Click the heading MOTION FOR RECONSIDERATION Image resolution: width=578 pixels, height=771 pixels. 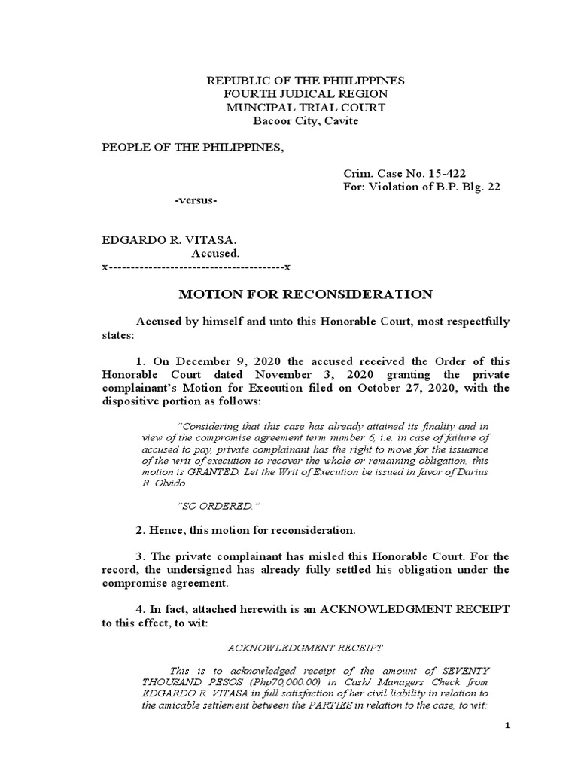point(304,294)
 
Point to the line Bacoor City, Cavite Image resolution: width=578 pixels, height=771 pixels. point(306,120)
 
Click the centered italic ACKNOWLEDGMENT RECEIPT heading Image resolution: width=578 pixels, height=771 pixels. point(305,647)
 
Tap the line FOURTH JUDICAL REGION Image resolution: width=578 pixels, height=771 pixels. point(306,93)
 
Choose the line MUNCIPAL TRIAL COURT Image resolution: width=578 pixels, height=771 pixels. point(306,107)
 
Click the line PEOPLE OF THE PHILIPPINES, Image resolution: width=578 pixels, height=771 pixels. point(193,146)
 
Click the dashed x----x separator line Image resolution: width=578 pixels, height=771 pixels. point(196,268)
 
